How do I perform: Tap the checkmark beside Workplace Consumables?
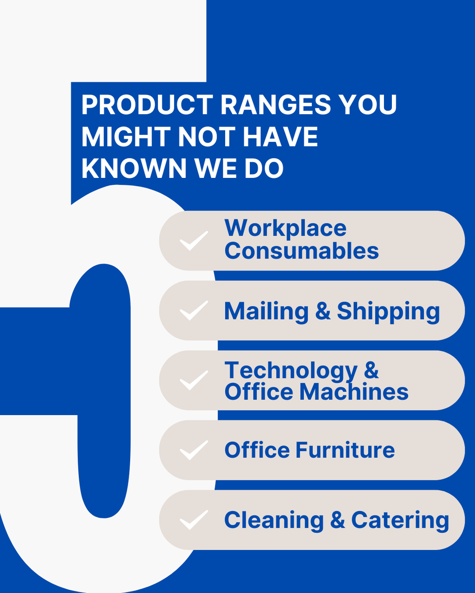(x=193, y=241)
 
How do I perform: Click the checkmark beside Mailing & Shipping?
(x=193, y=310)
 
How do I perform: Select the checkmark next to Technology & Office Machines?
(x=193, y=380)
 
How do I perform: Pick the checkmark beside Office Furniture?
(x=193, y=450)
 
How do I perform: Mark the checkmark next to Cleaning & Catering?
(x=193, y=519)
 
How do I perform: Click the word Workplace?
(x=285, y=228)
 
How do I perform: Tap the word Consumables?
(x=302, y=251)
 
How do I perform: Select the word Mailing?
(x=266, y=312)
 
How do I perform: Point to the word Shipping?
(x=388, y=312)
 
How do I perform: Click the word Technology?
(x=290, y=371)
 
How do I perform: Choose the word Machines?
(x=354, y=392)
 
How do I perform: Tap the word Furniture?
(x=345, y=450)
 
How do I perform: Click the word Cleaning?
(x=274, y=520)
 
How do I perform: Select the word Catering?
(x=400, y=520)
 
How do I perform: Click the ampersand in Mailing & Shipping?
(x=323, y=312)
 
